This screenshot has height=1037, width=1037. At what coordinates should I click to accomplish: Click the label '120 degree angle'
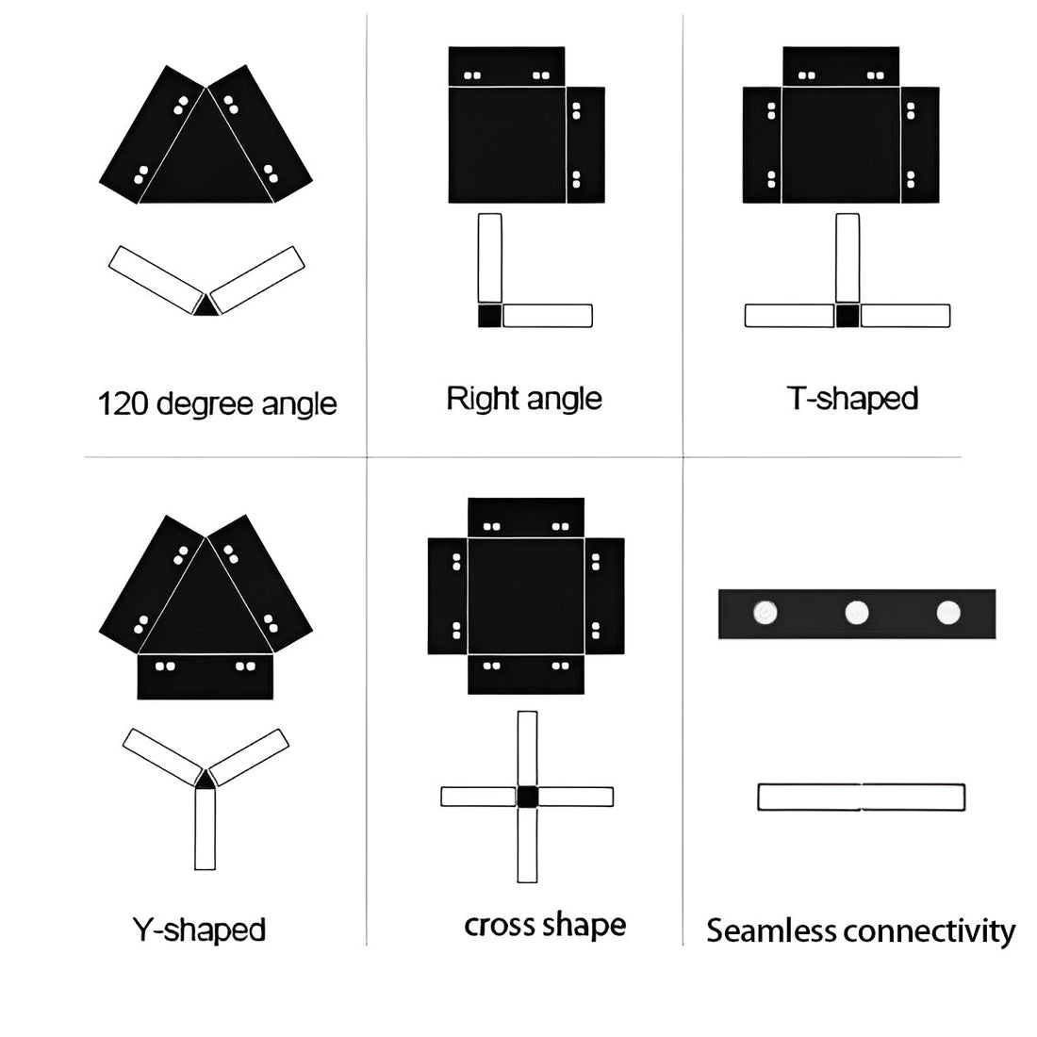(x=217, y=403)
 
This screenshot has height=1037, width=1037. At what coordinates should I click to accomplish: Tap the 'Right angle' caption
(x=523, y=398)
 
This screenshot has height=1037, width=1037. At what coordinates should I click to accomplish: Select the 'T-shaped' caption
(x=852, y=398)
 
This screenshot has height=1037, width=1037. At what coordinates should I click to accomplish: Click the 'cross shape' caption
(x=545, y=925)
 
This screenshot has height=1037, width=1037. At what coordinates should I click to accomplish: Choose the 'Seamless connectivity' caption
(x=861, y=930)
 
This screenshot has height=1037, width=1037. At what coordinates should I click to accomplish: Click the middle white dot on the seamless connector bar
(x=856, y=613)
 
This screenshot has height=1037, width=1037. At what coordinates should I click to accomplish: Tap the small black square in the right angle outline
(x=489, y=316)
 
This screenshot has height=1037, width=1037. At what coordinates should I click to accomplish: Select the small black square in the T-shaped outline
(x=848, y=316)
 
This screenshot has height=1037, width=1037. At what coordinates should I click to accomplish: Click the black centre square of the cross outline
(x=527, y=797)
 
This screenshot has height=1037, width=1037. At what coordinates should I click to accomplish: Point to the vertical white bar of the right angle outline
(x=489, y=257)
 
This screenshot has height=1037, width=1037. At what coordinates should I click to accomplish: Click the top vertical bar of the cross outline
(x=527, y=748)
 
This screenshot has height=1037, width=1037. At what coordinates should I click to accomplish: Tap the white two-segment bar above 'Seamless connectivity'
(x=861, y=797)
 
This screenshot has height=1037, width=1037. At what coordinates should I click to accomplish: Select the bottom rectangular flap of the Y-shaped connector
(x=206, y=677)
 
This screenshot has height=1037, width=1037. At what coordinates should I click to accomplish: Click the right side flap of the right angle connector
(x=585, y=144)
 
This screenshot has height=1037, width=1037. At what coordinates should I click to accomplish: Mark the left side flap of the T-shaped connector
(x=762, y=144)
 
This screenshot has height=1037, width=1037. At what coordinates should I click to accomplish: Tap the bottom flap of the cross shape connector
(x=526, y=675)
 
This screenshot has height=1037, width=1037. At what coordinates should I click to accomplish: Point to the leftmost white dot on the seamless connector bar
(x=765, y=614)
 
